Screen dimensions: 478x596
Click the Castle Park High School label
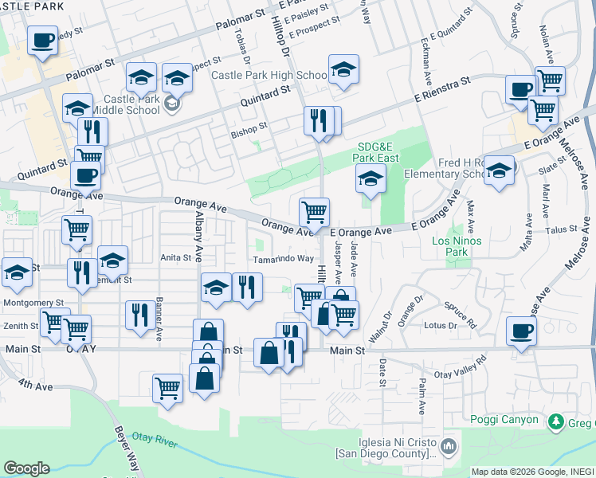(x=269, y=76)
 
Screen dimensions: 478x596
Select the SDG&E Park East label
(x=377, y=152)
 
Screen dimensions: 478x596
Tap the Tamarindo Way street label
(x=283, y=259)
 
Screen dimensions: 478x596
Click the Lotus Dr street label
(x=440, y=325)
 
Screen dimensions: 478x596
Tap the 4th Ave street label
(x=36, y=386)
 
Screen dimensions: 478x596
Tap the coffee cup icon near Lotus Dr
(x=522, y=329)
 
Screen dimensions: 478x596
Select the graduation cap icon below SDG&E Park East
(x=371, y=179)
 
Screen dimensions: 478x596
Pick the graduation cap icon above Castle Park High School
(x=343, y=69)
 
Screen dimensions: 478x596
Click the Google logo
(x=26, y=468)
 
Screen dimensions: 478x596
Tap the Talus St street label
(x=561, y=229)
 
